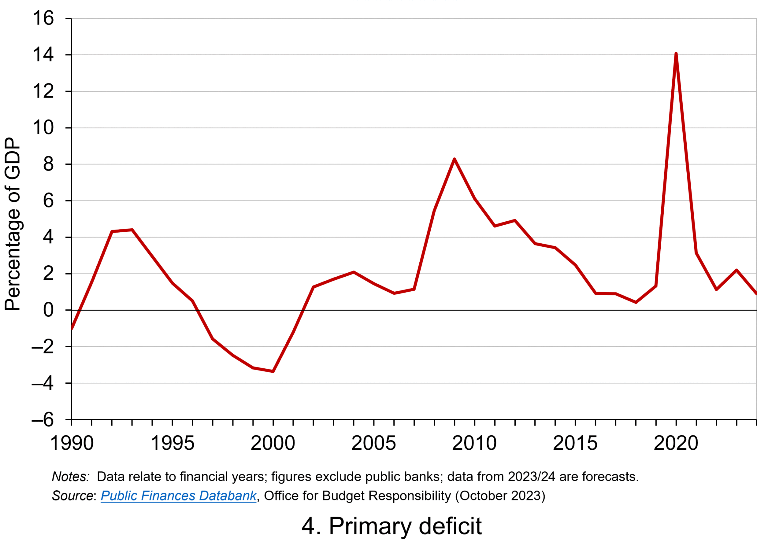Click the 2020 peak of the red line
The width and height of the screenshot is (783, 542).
click(676, 54)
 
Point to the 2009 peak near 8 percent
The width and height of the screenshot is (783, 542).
click(454, 159)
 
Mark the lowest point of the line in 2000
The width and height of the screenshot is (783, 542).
click(273, 371)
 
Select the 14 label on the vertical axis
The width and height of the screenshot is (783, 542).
click(43, 55)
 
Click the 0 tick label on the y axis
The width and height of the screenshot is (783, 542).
click(48, 310)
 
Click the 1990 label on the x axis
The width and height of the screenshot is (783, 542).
click(72, 443)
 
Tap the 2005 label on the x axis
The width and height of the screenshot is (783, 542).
click(374, 443)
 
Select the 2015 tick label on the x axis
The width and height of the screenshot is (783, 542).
click(575, 443)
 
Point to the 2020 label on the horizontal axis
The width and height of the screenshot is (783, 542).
click(676, 443)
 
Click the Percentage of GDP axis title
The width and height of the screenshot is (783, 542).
click(13, 224)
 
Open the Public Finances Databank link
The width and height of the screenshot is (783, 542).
click(178, 496)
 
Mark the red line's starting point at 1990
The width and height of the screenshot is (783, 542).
click(72, 328)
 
